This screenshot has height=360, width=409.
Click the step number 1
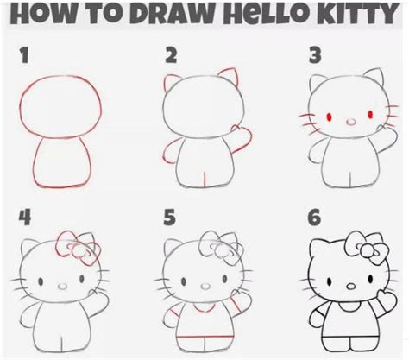[x=25, y=55]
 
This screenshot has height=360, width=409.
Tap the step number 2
[x=171, y=55]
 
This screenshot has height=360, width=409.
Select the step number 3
[x=315, y=56]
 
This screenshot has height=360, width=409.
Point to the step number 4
[x=25, y=218]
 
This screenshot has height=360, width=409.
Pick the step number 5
[x=169, y=218]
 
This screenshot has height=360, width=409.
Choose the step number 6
[x=314, y=218]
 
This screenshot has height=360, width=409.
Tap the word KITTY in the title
[x=356, y=14]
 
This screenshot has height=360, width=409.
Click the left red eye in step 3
[x=329, y=117]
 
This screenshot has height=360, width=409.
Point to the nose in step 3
[x=351, y=122]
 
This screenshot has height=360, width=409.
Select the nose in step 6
[x=351, y=287]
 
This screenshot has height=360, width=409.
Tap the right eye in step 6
[x=370, y=279]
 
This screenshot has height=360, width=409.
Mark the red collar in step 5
[x=204, y=308]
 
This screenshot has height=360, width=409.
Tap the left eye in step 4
[x=41, y=281]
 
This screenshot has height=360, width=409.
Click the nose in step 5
[x=205, y=287]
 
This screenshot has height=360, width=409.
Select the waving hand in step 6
[x=383, y=296]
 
